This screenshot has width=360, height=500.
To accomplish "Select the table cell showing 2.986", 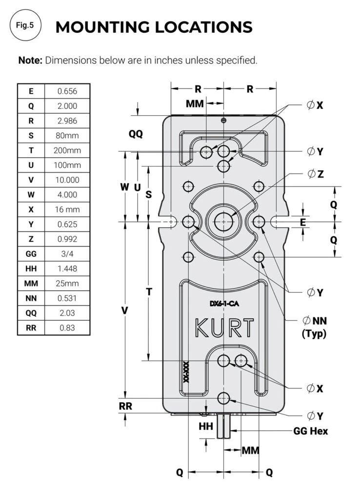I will [67, 121].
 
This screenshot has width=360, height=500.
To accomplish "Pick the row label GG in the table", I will [31, 254].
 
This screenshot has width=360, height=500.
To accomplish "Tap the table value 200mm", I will [67, 150].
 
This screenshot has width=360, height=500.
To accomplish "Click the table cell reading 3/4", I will [67, 254].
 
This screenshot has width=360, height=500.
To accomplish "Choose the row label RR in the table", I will [31, 328].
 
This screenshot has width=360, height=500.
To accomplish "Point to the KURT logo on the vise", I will [224, 328].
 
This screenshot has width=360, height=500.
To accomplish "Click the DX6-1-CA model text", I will [224, 304].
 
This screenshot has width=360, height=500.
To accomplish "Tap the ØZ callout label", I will [316, 174].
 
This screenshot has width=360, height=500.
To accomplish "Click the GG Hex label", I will [310, 431].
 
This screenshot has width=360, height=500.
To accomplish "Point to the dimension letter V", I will [125, 311].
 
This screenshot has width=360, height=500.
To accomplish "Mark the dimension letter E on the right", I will [303, 222].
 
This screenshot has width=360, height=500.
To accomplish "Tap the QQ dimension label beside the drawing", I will [136, 134].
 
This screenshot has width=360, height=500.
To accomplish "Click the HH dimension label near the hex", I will [205, 426].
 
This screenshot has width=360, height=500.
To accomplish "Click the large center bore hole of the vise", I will [223, 221].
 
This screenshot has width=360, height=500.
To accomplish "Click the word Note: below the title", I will [31, 61].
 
